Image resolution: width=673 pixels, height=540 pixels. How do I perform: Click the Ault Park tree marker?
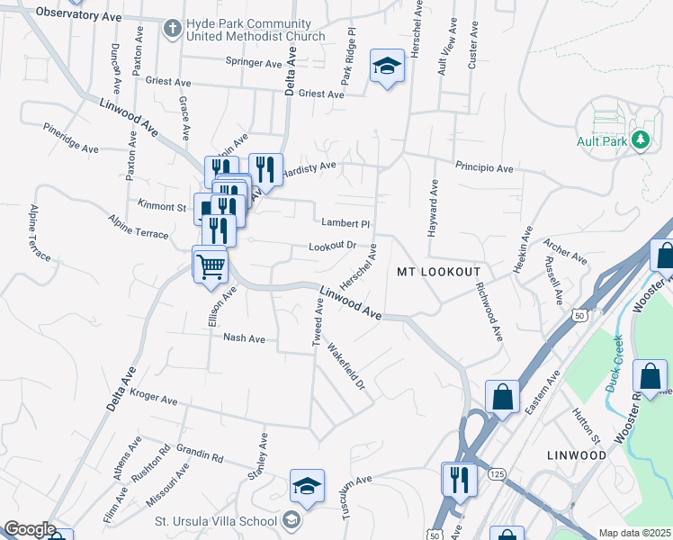point(640,139)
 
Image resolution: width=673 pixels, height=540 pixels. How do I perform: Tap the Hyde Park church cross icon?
point(171,29)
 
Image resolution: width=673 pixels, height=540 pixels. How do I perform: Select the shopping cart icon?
point(211,265)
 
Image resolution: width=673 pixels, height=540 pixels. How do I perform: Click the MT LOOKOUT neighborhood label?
point(438,271)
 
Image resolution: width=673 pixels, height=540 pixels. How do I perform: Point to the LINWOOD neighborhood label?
point(577,455)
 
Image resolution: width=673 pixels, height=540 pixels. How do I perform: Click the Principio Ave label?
point(483,168)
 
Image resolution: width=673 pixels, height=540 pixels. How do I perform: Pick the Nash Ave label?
point(244,338)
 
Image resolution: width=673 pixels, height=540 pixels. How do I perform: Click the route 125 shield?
point(495,473)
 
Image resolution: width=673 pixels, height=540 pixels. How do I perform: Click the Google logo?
point(29,529)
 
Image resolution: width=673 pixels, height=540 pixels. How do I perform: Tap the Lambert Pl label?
point(345,223)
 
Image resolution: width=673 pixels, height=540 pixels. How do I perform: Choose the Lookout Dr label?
point(333,245)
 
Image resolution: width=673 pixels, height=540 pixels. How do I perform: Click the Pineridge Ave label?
point(70,138)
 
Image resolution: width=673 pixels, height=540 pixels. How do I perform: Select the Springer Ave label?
point(254,63)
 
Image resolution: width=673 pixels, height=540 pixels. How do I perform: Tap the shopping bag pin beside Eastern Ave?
point(502,396)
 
